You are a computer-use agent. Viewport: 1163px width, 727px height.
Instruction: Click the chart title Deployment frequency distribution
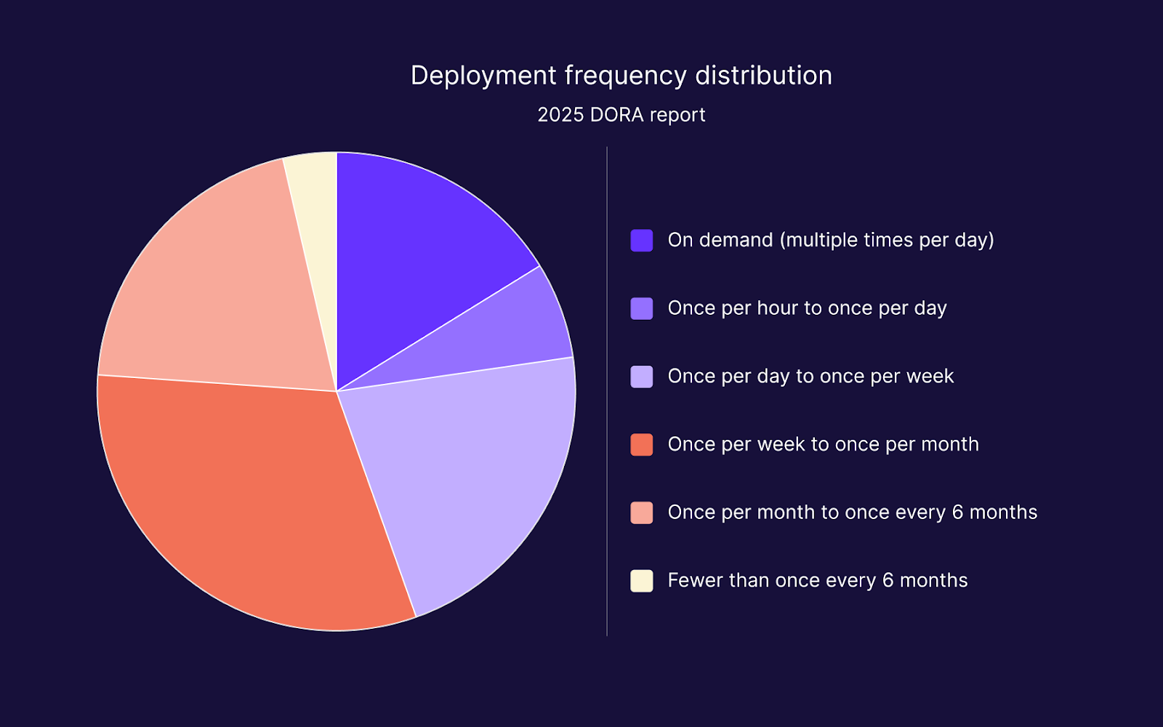[x=621, y=76]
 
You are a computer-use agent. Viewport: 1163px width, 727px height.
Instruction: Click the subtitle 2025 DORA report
[x=621, y=115]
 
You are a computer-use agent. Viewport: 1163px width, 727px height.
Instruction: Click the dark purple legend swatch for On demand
[x=641, y=241]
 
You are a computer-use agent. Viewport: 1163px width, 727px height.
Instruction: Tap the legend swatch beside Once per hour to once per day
[x=641, y=308]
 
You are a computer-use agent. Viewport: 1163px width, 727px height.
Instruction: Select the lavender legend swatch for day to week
[x=641, y=377]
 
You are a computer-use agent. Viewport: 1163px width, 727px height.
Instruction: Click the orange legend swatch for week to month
[x=641, y=444]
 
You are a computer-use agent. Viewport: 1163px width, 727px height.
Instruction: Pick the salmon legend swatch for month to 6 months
[x=641, y=513]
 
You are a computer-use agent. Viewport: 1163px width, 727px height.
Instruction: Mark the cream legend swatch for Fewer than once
[x=641, y=581]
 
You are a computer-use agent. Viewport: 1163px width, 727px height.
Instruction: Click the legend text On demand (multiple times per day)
[x=830, y=240]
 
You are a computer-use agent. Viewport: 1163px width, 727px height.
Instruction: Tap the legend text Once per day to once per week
[x=810, y=376]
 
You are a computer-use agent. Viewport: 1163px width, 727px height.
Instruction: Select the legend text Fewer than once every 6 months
[x=817, y=580]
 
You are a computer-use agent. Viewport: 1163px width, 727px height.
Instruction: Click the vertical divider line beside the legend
[x=607, y=393]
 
